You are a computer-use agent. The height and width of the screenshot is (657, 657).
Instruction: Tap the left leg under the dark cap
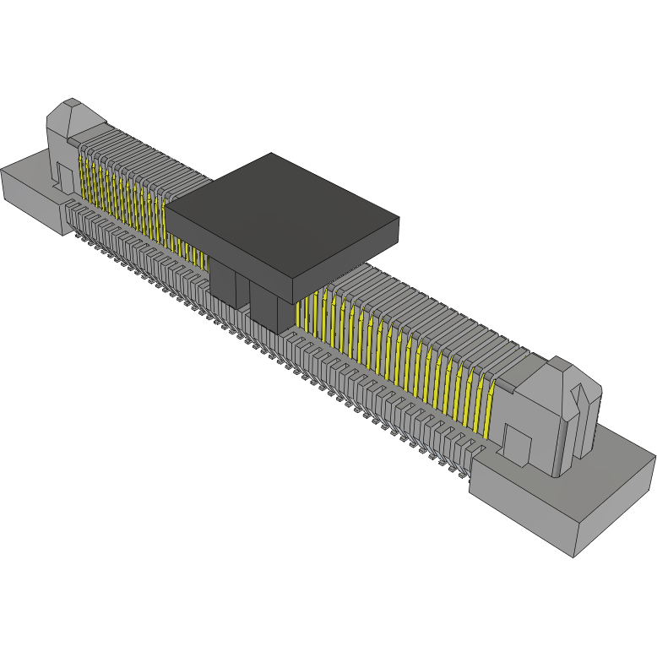(x=225, y=283)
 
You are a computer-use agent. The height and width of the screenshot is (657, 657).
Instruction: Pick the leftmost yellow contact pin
(x=83, y=173)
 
